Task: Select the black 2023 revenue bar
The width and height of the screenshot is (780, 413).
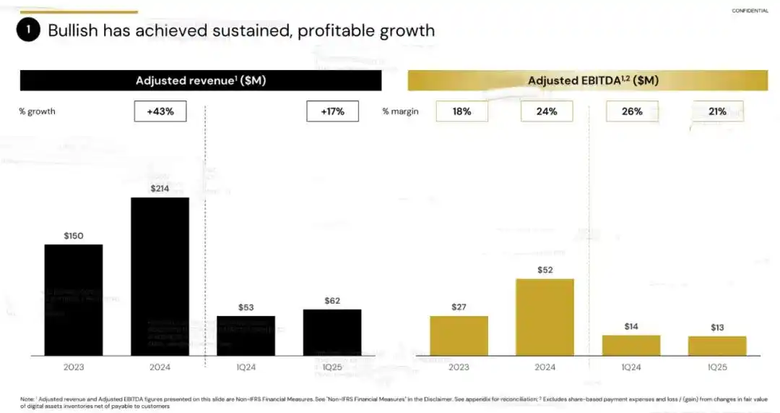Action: (x=74, y=299)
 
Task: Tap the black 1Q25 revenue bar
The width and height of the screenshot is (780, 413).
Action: (x=332, y=332)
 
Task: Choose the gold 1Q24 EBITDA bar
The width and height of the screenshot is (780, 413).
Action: (x=631, y=345)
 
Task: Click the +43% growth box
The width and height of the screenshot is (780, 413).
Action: (x=160, y=111)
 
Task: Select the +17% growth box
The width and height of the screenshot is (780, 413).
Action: (x=332, y=111)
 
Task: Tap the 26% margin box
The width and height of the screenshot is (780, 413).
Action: (x=632, y=111)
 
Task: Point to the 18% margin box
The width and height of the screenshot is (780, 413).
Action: (x=462, y=111)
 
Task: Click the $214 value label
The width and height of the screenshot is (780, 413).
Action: (x=160, y=189)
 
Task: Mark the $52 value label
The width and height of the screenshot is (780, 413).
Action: (x=545, y=270)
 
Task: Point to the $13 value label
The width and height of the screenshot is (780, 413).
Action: (x=717, y=328)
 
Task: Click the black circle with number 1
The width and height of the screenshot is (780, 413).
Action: (x=28, y=30)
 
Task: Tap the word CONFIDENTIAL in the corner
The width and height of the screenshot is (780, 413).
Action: (x=750, y=11)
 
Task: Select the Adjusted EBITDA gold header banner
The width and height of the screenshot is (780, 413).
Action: (x=587, y=80)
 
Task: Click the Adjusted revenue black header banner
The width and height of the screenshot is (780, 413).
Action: (x=201, y=80)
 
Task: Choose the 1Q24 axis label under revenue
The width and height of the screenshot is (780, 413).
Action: (x=246, y=367)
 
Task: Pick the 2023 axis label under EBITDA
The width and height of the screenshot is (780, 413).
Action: (x=459, y=367)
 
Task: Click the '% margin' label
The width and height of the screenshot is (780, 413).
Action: (x=400, y=111)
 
